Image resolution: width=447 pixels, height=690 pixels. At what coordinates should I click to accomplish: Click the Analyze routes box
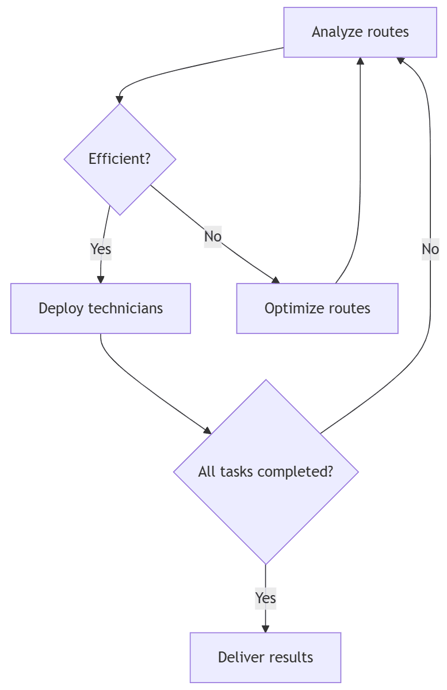360,32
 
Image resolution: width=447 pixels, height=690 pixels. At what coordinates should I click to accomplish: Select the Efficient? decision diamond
120,159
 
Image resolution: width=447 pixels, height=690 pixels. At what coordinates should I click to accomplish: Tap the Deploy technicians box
101,308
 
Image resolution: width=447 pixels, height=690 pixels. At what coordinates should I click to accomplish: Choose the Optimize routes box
317,308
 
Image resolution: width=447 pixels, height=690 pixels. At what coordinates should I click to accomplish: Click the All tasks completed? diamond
266,471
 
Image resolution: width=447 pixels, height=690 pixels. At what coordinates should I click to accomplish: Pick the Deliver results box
265,657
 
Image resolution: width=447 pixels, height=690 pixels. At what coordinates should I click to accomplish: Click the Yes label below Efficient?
101,249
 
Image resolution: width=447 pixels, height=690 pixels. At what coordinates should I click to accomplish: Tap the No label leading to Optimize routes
212,236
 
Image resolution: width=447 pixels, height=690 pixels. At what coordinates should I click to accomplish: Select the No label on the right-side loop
430,249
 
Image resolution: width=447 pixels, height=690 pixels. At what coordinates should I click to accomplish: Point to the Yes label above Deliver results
265,598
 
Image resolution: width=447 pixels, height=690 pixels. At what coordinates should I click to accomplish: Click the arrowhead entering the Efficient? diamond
120,99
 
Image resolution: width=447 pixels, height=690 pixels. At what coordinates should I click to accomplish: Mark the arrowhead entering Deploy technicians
101,279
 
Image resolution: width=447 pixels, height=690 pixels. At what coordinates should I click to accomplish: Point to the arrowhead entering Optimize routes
276,280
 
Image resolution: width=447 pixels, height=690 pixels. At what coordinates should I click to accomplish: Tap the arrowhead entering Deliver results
265,628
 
